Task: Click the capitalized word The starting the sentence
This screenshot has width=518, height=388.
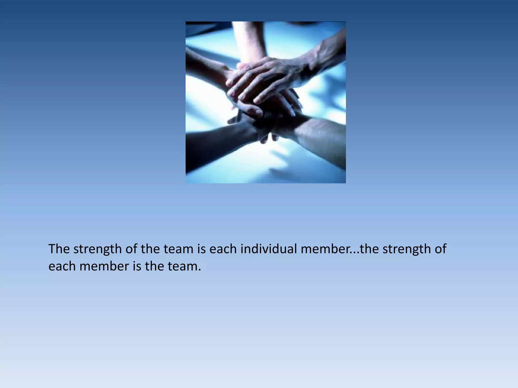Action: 59,249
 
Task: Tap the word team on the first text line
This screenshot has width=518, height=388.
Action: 178,249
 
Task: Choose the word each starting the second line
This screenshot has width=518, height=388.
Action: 62,266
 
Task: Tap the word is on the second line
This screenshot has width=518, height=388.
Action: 137,266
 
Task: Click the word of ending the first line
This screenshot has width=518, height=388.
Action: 441,249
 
